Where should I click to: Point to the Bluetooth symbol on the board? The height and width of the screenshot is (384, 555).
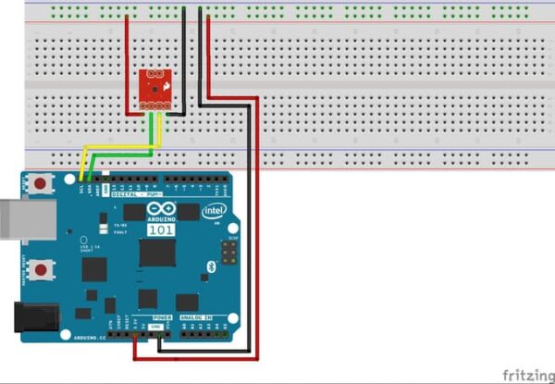212,266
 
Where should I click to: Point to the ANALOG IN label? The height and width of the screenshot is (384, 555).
196,317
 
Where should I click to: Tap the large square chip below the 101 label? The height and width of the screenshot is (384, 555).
156,253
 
